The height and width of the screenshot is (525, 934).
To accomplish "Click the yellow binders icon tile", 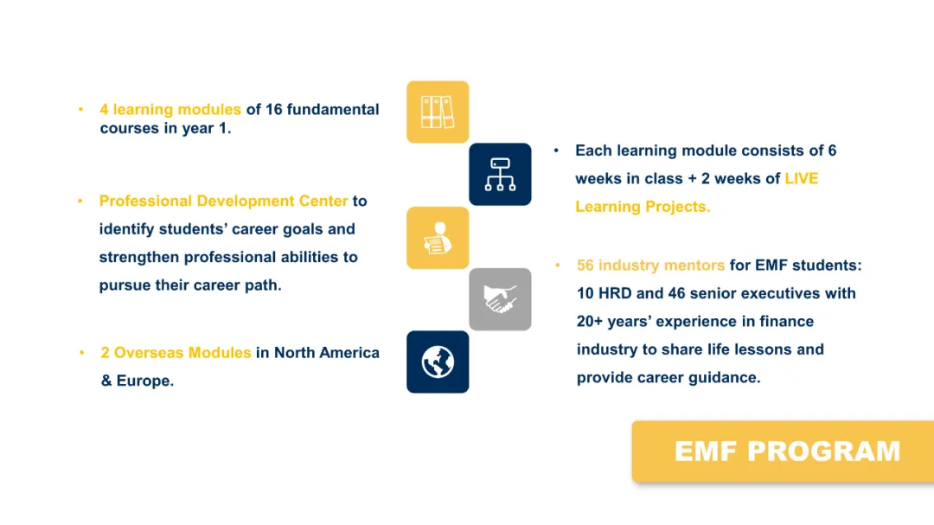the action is coord(438,112).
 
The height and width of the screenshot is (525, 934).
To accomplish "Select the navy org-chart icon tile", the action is coord(501,175).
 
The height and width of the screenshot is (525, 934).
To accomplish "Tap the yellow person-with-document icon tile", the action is coord(438,238).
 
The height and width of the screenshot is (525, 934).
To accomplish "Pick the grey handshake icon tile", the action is coord(501,299).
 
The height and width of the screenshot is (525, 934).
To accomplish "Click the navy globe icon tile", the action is coord(438,362).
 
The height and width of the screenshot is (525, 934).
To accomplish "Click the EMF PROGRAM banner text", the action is coord(787,451).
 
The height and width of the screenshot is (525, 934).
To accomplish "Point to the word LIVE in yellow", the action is coord(801,178).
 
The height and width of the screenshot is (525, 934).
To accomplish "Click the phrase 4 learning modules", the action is coord(170,110).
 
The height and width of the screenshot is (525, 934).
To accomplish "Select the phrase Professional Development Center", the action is coord(223,202).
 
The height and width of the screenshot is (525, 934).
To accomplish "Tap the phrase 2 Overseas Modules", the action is coord(176,353).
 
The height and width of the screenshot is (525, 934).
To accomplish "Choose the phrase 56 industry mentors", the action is coord(650,266).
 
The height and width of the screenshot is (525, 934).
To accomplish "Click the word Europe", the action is coord(144,381).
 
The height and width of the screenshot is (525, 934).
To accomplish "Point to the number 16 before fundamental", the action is coord(273,110).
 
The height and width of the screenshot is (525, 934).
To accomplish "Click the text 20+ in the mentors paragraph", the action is coord(590,322).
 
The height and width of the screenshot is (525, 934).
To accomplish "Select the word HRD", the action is coord(615,294).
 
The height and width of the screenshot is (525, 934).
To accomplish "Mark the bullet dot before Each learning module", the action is coord(556,150).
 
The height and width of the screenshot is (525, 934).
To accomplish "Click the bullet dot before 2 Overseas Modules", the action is coord(82,353).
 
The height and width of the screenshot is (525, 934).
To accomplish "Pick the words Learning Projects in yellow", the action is coord(643,207).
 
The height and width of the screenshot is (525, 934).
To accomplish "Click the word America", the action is coord(349,353).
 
